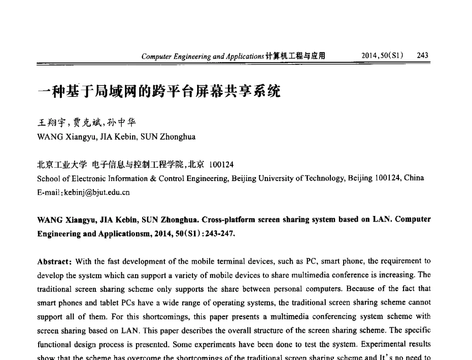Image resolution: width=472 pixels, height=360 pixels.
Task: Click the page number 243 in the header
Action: tap(422, 55)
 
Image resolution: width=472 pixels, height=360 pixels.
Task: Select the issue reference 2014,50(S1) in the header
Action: tap(381, 55)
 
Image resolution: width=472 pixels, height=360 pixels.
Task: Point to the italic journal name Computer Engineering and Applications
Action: tap(202, 56)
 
